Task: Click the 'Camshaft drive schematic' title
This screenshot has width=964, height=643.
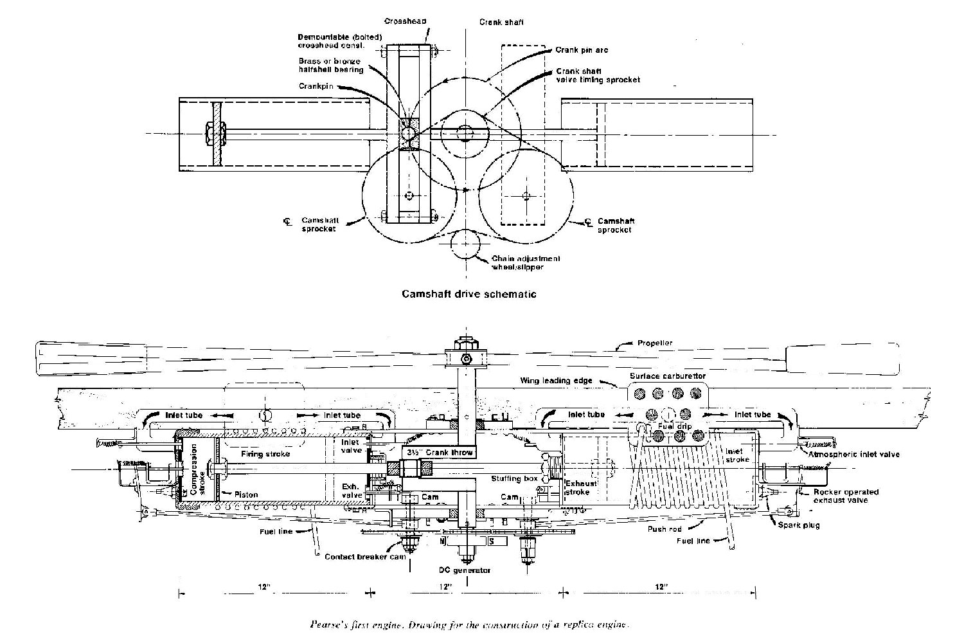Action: pyautogui.click(x=469, y=294)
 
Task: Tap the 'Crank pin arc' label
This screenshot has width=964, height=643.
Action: pyautogui.click(x=581, y=50)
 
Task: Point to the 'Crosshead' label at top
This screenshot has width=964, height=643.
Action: pyautogui.click(x=405, y=22)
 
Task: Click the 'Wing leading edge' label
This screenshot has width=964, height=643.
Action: pyautogui.click(x=556, y=381)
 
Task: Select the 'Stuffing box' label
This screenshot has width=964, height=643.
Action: pyautogui.click(x=514, y=478)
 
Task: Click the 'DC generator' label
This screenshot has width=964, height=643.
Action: pyautogui.click(x=469, y=570)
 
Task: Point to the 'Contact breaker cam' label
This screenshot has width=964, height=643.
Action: pyautogui.click(x=364, y=557)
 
